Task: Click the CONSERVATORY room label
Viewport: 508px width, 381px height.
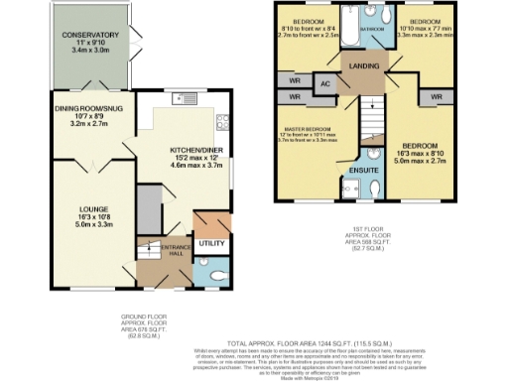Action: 90,36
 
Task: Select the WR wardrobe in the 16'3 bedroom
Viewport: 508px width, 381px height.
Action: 436,97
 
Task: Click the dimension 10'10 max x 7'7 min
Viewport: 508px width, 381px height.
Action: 426,31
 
